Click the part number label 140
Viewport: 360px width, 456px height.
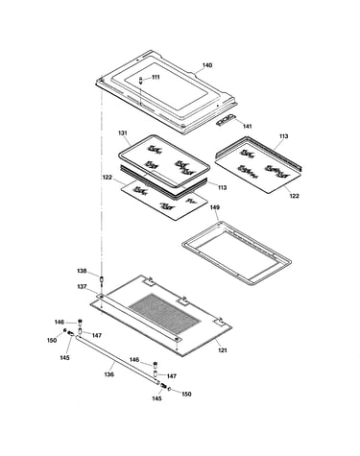(206, 65)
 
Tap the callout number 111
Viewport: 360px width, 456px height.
(156, 77)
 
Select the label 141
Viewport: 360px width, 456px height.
(247, 127)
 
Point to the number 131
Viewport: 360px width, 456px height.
(123, 132)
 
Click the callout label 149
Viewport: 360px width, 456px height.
(214, 207)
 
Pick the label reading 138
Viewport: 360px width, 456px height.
(82, 271)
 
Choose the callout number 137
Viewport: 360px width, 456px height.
(82, 287)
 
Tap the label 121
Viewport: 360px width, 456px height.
(223, 350)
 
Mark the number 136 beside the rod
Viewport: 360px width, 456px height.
(108, 374)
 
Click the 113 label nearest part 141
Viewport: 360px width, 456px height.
(283, 136)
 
